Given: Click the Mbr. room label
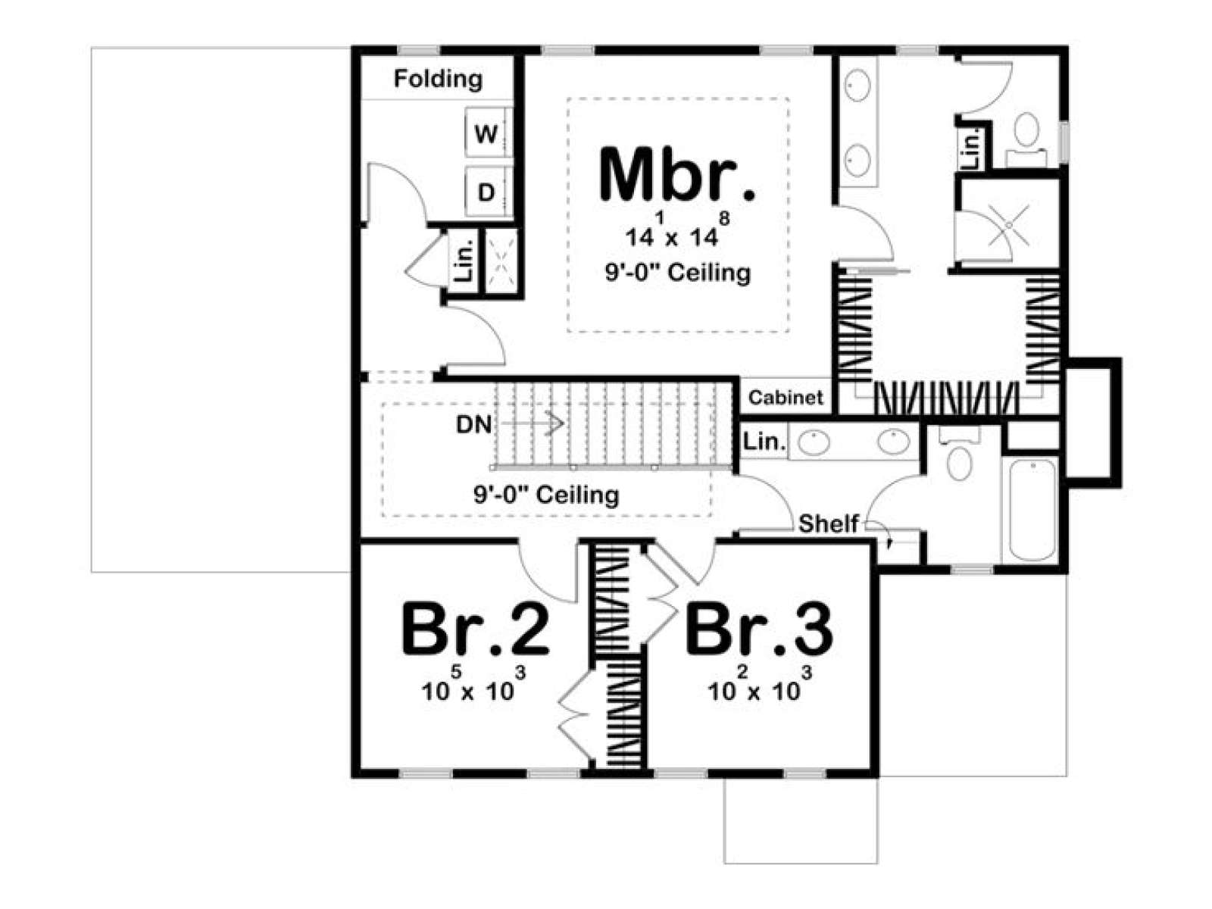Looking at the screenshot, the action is click(x=677, y=174).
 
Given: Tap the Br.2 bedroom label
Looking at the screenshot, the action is click(x=475, y=629).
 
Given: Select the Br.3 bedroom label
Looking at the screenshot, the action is click(x=759, y=629).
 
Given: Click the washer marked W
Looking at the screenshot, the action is click(x=486, y=134).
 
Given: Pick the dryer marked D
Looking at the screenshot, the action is click(x=486, y=192).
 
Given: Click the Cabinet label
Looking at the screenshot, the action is click(x=786, y=397).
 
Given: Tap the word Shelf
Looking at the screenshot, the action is click(x=829, y=523).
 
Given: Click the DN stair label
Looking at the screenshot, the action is click(x=473, y=424).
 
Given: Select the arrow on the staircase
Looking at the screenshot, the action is click(x=530, y=424).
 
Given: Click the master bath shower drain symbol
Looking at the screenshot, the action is click(x=1009, y=225).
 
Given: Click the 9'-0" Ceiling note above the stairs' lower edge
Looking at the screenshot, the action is click(x=546, y=495).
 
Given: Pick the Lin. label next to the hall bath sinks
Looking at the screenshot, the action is click(x=764, y=441).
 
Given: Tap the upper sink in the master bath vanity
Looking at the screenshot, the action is click(x=857, y=86).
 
